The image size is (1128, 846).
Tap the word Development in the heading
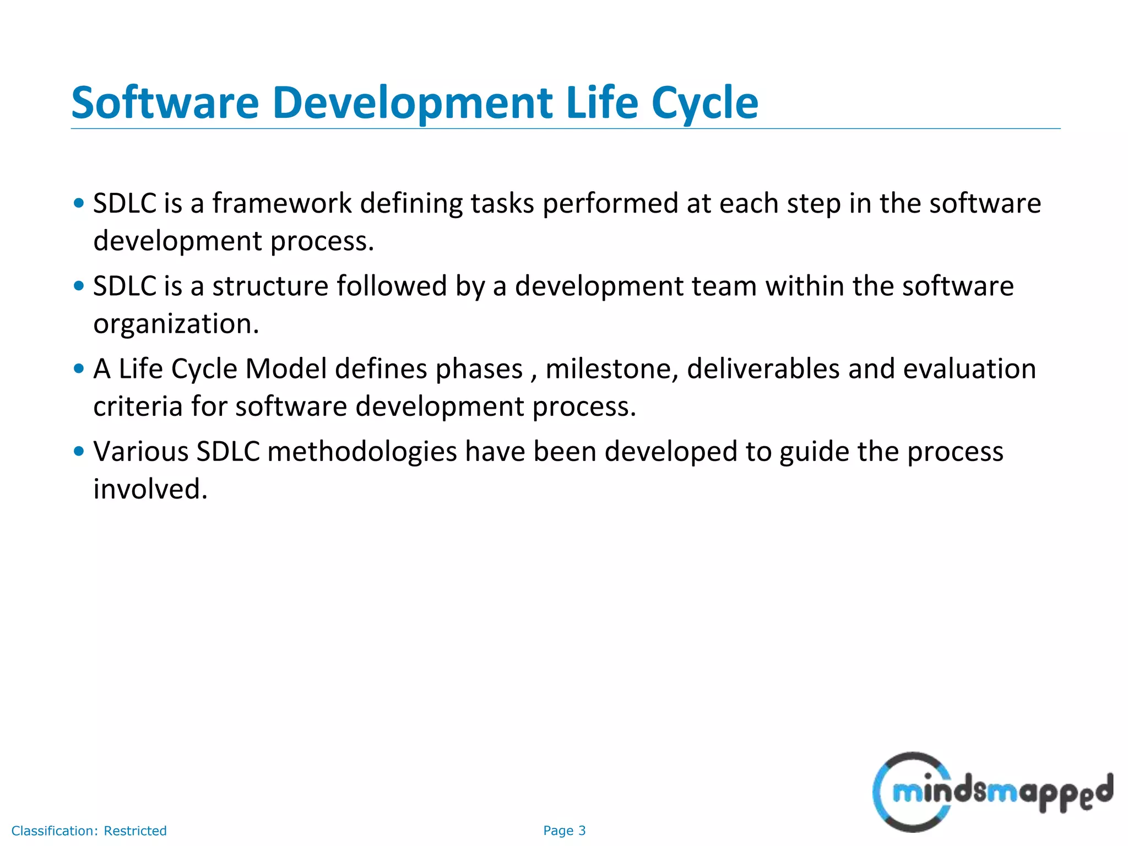pyautogui.click(x=412, y=104)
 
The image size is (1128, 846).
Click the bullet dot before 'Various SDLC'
pyautogui.click(x=79, y=451)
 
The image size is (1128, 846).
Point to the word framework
pyautogui.click(x=281, y=203)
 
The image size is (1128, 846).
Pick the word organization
pyautogui.click(x=176, y=324)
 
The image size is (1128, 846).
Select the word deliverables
pyautogui.click(x=763, y=369)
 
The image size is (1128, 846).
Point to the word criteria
pyautogui.click(x=138, y=406)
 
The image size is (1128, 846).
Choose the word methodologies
pyautogui.click(x=362, y=452)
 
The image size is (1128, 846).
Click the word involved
pyautogui.click(x=150, y=489)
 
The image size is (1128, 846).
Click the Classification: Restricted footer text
pyautogui.click(x=89, y=831)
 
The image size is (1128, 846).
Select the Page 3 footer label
pyautogui.click(x=564, y=831)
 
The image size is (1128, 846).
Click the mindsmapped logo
pyautogui.click(x=991, y=792)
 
